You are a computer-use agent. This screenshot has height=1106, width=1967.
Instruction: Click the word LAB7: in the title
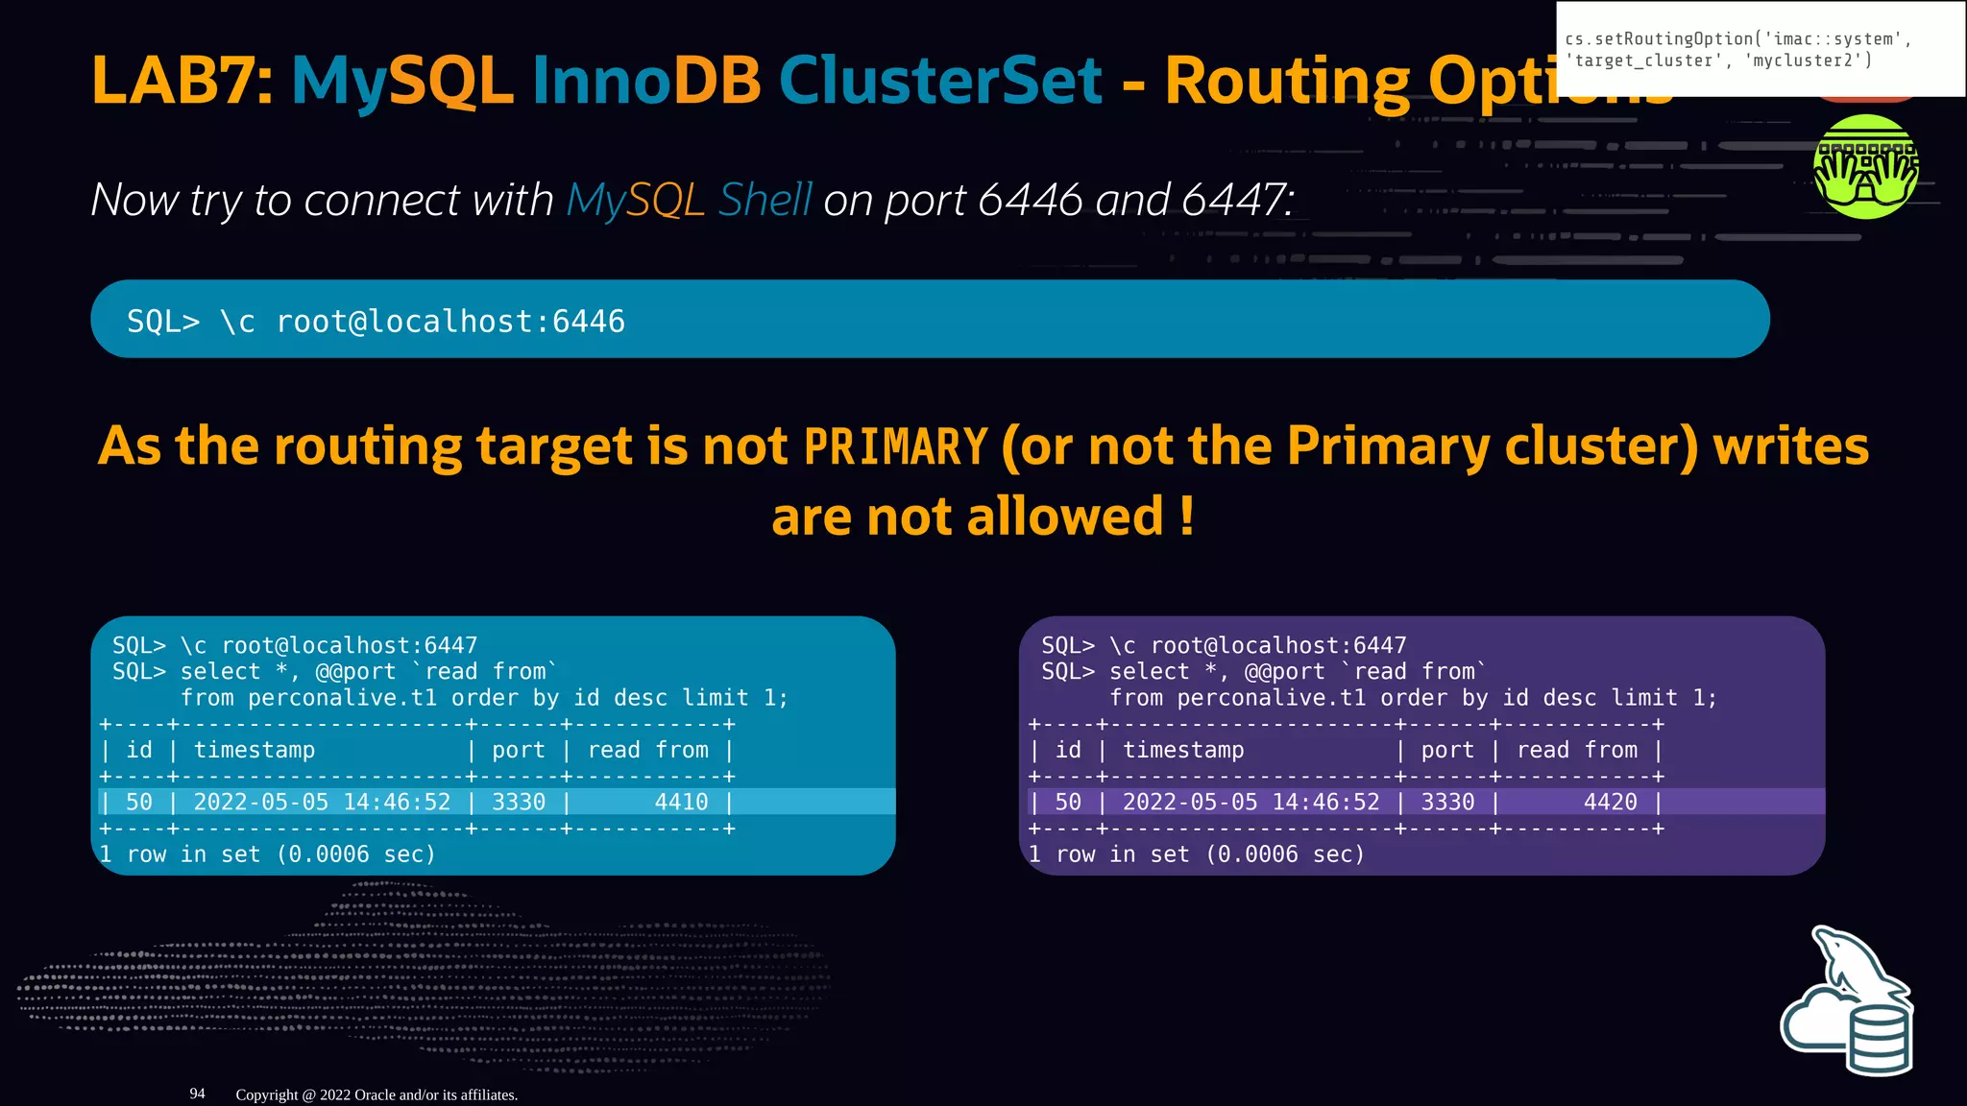click(182, 81)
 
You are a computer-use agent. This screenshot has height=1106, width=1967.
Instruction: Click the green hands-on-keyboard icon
click(1865, 167)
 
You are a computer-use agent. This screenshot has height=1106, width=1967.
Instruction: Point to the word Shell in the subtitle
click(765, 201)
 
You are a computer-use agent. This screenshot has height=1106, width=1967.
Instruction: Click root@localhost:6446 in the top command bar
click(450, 322)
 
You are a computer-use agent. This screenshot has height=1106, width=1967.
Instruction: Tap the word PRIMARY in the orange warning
click(895, 447)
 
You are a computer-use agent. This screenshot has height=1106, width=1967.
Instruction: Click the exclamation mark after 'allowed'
click(1187, 517)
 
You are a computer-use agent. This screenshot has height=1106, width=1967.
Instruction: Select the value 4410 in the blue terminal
click(681, 802)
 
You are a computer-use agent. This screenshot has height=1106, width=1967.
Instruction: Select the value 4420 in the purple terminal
click(1610, 802)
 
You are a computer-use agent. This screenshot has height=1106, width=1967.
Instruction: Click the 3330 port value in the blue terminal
click(519, 802)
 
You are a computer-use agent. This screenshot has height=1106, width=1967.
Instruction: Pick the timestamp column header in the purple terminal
click(1183, 750)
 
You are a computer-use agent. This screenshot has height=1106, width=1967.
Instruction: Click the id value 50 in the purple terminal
click(1068, 802)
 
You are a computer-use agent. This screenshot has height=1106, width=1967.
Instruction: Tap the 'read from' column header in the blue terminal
click(648, 750)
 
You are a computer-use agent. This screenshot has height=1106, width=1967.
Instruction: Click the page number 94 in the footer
click(197, 1094)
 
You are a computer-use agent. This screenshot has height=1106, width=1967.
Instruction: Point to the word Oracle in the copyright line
click(375, 1094)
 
